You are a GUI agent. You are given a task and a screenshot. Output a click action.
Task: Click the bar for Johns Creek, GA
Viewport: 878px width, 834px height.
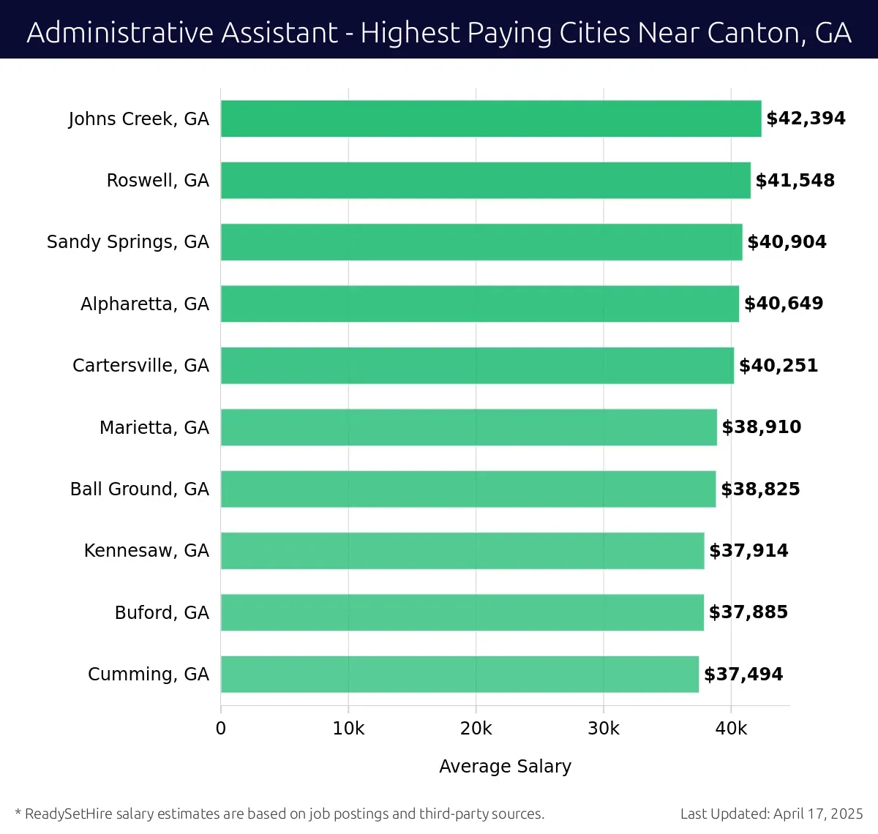491,119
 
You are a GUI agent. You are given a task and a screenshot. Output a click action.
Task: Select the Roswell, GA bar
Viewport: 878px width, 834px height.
486,180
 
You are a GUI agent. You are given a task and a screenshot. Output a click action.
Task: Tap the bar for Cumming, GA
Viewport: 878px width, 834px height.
459,674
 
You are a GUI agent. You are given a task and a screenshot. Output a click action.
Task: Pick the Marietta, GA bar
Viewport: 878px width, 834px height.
469,427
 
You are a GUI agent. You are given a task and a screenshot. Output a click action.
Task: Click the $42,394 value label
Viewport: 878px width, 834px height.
806,119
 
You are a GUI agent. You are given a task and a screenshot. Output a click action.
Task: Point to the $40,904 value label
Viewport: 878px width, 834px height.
787,242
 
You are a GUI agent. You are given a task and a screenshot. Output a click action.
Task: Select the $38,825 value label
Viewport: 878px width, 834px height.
760,489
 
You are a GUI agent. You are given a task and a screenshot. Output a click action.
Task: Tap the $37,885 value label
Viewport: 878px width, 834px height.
748,612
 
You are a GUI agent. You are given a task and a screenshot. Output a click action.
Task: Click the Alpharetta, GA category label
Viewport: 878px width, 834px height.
144,304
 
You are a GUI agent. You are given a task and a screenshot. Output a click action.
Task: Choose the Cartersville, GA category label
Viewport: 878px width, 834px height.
140,366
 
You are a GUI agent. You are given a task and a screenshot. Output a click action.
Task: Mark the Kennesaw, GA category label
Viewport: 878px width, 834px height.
146,551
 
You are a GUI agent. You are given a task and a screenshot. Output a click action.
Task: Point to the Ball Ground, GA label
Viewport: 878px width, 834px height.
139,489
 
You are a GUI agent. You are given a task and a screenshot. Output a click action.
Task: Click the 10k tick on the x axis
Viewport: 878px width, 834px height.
348,729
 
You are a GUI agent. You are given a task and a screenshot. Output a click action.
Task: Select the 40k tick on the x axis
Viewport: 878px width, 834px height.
731,729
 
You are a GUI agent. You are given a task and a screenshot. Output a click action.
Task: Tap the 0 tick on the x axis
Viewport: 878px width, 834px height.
221,729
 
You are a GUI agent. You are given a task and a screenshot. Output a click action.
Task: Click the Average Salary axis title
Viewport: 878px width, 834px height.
505,766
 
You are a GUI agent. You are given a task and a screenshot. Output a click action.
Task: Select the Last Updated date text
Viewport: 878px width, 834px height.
771,814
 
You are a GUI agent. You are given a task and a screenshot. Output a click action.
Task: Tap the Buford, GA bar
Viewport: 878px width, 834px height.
462,612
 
